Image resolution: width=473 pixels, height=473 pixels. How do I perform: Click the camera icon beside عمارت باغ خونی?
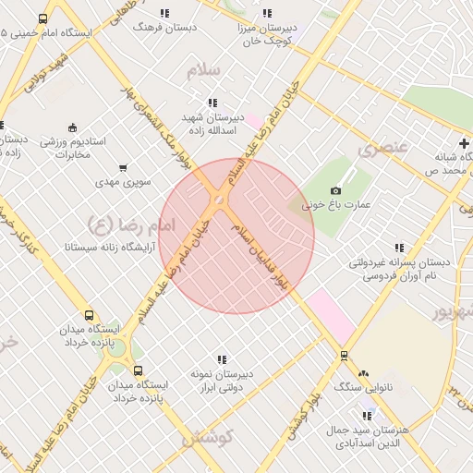335,189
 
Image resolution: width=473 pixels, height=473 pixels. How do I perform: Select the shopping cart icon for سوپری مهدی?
123,168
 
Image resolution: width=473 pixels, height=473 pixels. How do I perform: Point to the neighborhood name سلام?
204,71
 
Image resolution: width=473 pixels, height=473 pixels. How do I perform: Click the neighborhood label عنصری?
381,148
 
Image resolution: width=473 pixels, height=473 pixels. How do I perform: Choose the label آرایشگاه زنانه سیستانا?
101,248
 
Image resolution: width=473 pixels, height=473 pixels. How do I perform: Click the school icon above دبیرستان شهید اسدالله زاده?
213,103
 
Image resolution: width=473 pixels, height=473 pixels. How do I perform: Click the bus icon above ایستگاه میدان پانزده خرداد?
89,316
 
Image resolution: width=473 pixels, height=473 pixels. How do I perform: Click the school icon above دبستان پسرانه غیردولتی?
399,248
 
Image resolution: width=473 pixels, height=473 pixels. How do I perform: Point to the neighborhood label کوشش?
207,436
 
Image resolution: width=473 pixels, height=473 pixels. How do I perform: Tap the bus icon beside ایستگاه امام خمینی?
42,18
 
